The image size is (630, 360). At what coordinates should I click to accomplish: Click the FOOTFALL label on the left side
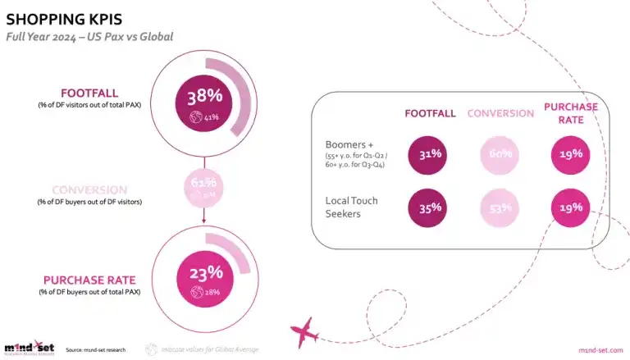click(89, 93)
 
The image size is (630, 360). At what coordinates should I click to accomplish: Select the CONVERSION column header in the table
click(500, 113)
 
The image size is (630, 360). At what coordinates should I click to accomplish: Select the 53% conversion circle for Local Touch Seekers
click(500, 208)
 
